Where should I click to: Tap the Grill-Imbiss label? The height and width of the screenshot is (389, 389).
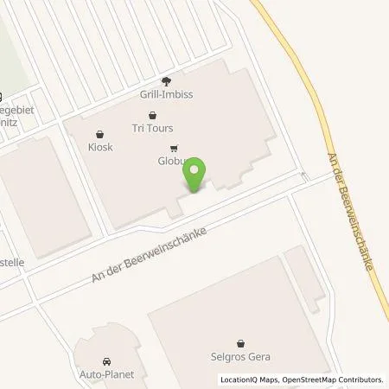coord(163,97)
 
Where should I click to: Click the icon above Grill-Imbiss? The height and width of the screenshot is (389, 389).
coord(163,83)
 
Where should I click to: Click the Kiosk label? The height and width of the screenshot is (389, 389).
coord(100,148)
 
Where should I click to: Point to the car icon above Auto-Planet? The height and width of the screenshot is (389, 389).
coord(105,361)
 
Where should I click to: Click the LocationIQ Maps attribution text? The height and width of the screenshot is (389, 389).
coord(248,379)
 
